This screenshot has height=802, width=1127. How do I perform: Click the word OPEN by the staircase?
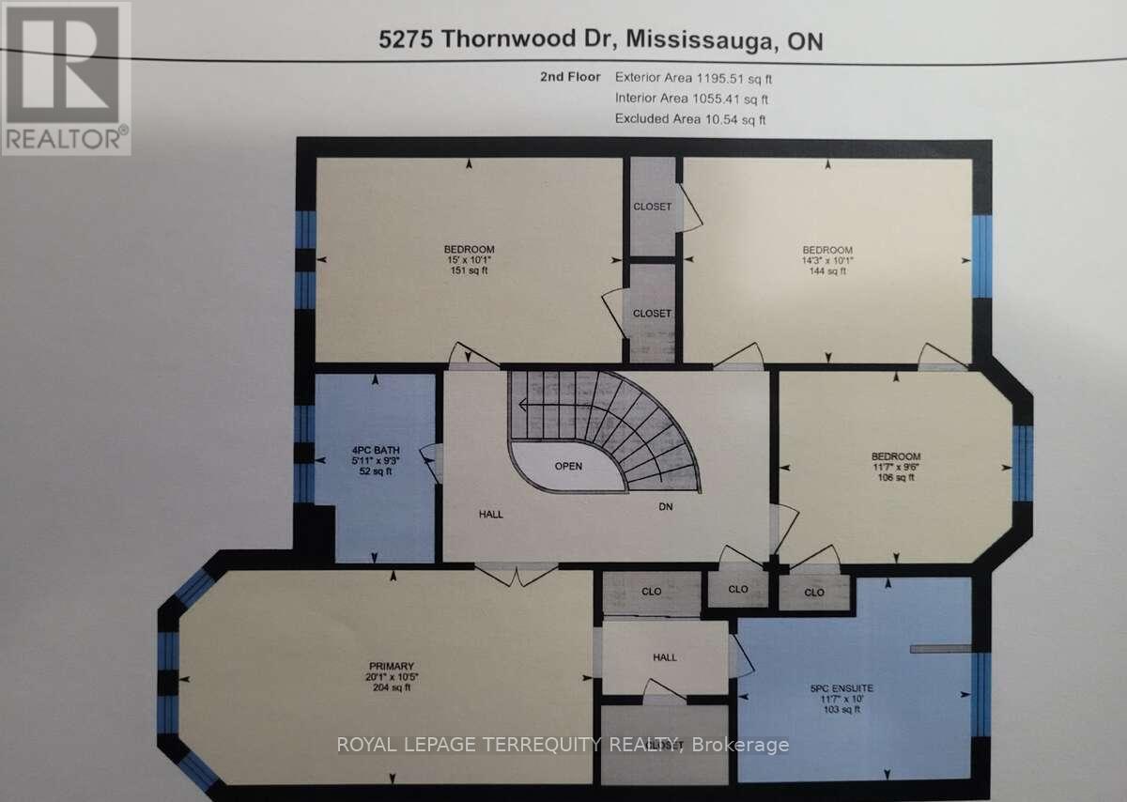[568, 466]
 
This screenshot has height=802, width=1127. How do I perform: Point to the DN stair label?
[665, 507]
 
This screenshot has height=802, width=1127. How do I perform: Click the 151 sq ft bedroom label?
[469, 259]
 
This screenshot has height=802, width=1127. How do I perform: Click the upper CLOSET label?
[652, 207]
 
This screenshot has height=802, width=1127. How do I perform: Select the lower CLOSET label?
[652, 314]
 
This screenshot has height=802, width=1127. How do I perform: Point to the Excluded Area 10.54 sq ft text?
[690, 118]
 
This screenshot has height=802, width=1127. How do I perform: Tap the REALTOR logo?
[66, 77]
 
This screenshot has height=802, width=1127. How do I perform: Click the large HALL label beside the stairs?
[490, 514]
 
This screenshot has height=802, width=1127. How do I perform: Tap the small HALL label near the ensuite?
[665, 658]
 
